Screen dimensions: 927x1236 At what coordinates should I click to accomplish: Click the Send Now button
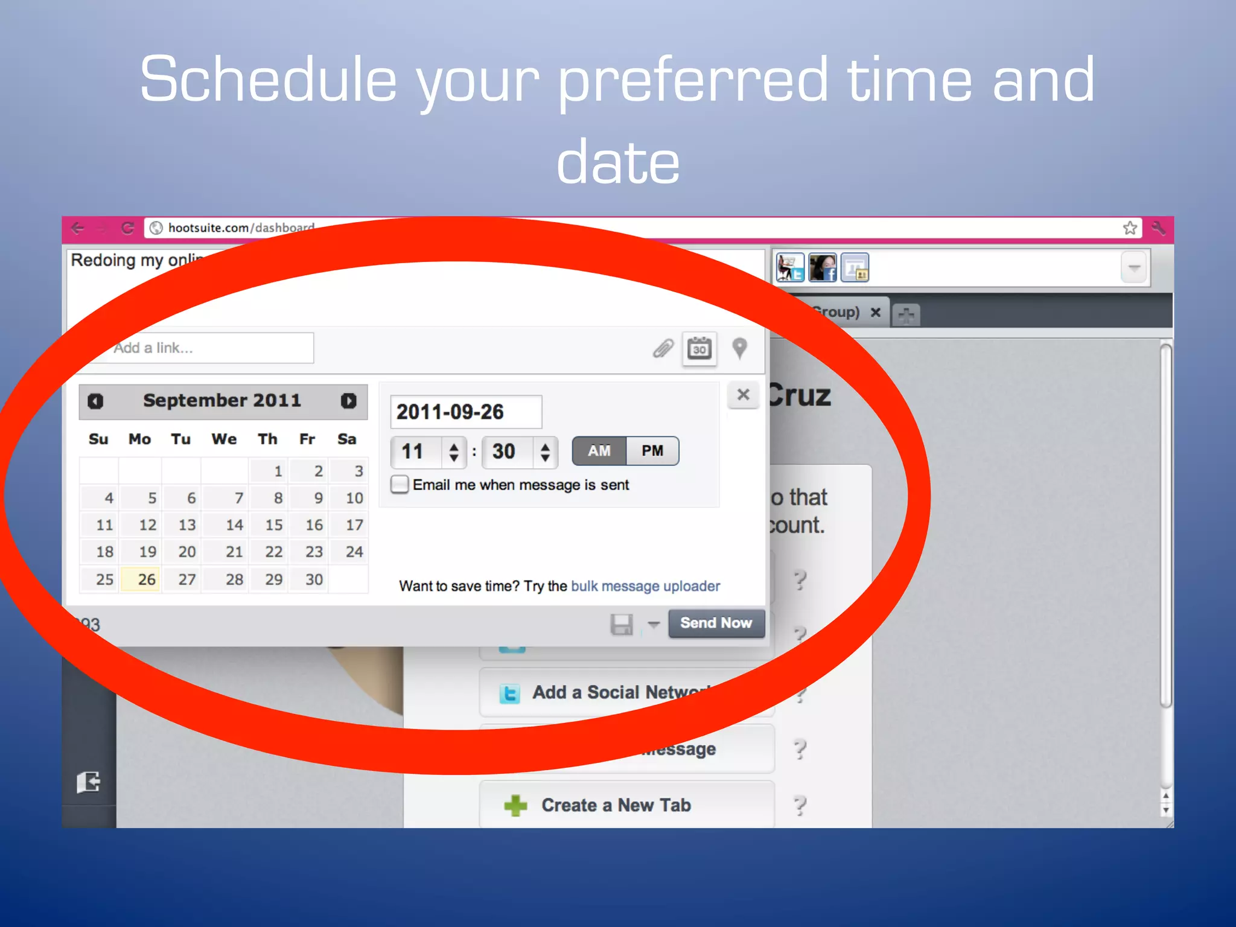[716, 623]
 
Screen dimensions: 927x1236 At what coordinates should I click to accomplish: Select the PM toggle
[652, 451]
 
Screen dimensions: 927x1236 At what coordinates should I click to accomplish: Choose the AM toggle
[599, 451]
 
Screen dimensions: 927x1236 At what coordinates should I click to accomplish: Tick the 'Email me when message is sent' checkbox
[400, 485]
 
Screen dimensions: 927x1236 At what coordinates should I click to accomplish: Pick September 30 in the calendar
[314, 579]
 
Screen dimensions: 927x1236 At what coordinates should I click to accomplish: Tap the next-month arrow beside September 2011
[348, 401]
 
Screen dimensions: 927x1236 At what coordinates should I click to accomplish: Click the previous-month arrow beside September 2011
[95, 401]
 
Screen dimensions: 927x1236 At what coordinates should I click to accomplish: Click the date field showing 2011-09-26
[465, 412]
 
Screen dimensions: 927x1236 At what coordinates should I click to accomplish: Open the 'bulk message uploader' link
[645, 586]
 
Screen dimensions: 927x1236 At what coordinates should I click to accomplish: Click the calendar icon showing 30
[699, 348]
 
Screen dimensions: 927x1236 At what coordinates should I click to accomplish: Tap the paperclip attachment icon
[663, 348]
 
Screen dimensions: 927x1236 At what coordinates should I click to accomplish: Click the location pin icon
[739, 348]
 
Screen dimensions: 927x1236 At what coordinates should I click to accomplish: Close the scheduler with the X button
[743, 395]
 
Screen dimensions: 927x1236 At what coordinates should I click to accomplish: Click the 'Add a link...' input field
[211, 348]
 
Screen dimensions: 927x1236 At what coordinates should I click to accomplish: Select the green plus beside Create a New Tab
[515, 805]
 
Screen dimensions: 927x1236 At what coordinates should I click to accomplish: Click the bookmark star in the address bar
[1130, 228]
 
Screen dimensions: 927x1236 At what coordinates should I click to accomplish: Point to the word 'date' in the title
[618, 162]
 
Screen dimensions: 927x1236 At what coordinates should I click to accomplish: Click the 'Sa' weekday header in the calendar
[346, 439]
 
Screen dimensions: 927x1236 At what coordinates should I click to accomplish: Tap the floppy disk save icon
[621, 624]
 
